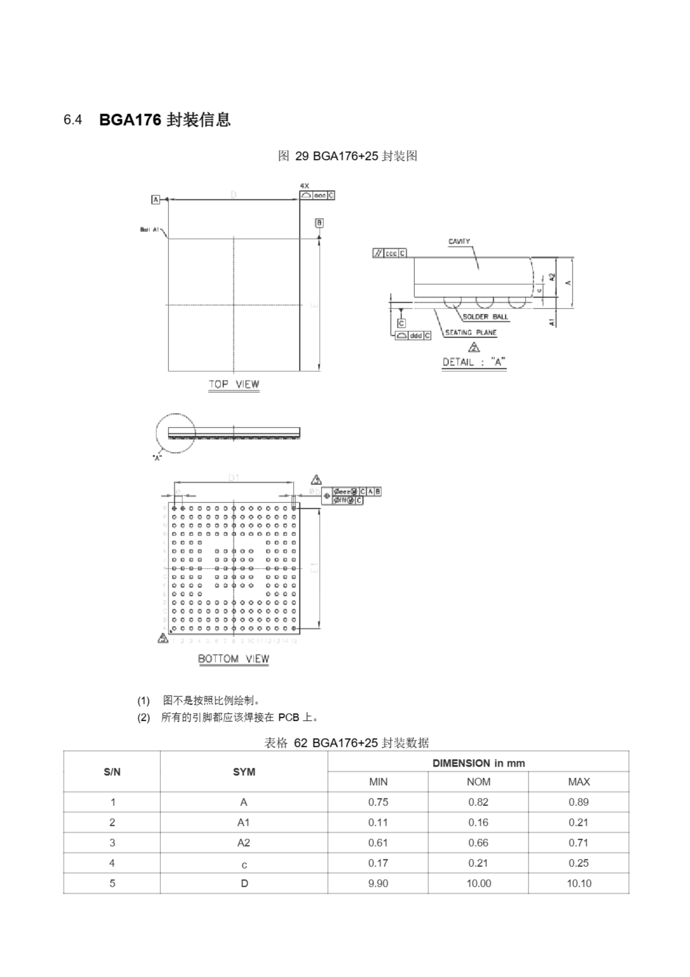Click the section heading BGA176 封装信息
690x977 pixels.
click(165, 120)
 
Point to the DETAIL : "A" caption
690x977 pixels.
click(473, 362)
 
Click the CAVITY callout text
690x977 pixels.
click(459, 241)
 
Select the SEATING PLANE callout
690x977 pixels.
click(471, 332)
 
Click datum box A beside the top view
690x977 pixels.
click(156, 199)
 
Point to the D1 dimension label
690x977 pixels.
click(234, 478)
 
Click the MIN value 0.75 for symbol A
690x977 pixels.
click(378, 802)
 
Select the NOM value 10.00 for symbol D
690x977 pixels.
click(478, 883)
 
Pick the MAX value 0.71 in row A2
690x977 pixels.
click(578, 843)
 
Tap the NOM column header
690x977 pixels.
click(478, 782)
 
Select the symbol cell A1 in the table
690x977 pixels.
click(244, 822)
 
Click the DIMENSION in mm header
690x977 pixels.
click(478, 763)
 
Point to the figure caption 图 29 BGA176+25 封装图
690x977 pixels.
click(347, 156)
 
